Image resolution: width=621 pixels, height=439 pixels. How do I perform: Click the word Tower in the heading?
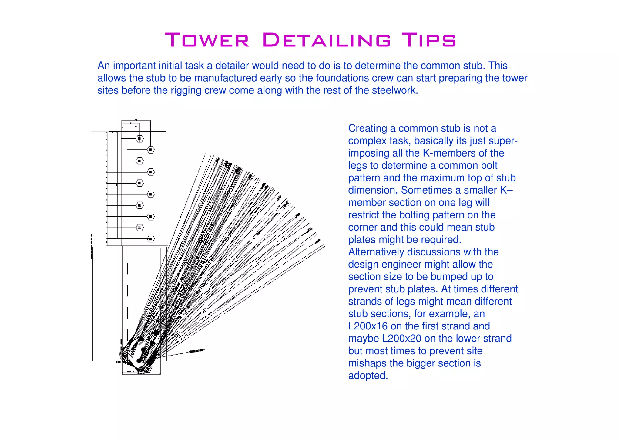pyautogui.click(x=207, y=40)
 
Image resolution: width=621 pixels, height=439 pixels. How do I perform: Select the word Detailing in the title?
pyautogui.click(x=326, y=40)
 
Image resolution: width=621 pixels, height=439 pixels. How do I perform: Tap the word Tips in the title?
pyautogui.click(x=428, y=40)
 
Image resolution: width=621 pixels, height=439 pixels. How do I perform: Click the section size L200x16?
pyautogui.click(x=368, y=326)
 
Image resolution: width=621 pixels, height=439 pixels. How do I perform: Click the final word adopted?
pyautogui.click(x=368, y=376)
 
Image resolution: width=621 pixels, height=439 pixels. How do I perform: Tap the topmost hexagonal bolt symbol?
pyautogui.click(x=139, y=139)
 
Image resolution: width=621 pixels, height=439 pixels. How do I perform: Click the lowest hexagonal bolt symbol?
pyautogui.click(x=151, y=239)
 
